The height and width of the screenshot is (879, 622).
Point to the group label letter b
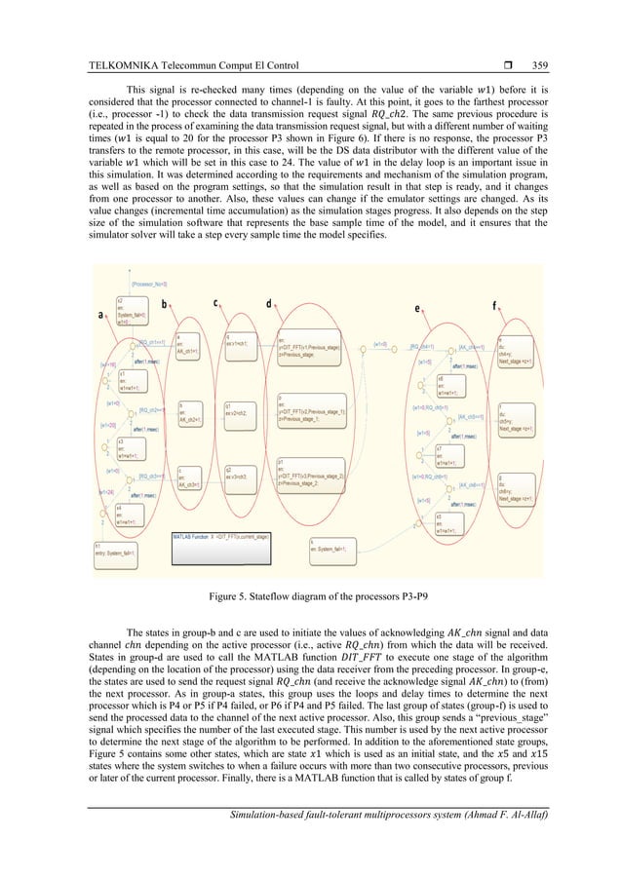tap(164, 303)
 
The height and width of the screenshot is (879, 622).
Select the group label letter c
tap(215, 302)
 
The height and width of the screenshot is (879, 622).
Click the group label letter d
tap(268, 303)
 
